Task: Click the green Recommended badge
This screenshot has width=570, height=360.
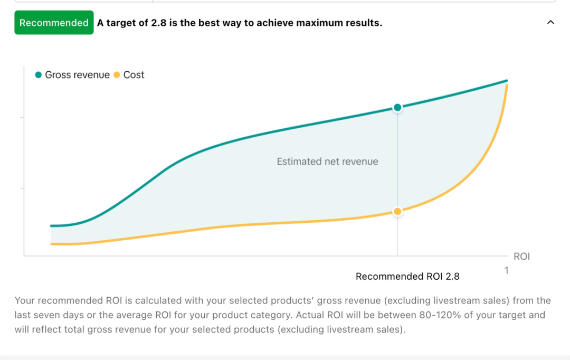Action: click(x=54, y=23)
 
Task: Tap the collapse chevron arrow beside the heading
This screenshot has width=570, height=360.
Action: click(x=550, y=23)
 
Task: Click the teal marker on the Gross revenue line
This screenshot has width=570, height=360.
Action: click(x=397, y=108)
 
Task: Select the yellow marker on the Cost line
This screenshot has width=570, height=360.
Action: click(x=397, y=211)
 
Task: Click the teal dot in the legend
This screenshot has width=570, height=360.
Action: click(x=38, y=75)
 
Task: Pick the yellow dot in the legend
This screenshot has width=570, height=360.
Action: click(x=117, y=75)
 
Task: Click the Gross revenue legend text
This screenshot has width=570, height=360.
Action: click(x=77, y=75)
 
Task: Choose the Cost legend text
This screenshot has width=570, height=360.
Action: click(x=134, y=75)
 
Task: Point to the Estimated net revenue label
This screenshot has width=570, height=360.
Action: click(x=327, y=162)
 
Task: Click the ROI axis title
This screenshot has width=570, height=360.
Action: click(x=521, y=257)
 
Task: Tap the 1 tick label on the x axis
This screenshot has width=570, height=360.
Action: click(x=506, y=270)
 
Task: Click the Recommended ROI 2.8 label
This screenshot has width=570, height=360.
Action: click(x=407, y=277)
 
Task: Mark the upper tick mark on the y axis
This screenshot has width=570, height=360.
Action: click(x=22, y=117)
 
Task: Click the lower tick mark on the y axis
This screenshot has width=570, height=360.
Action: click(x=22, y=188)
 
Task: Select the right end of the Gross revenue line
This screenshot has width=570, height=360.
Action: click(x=507, y=81)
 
